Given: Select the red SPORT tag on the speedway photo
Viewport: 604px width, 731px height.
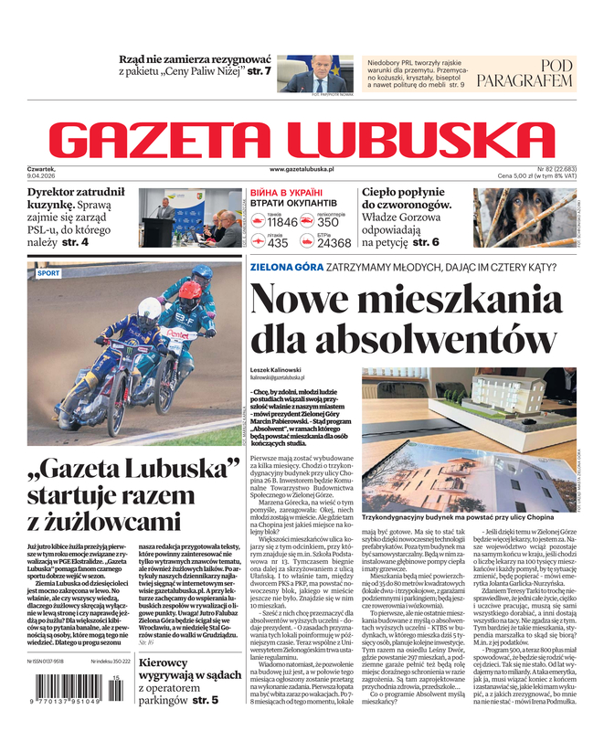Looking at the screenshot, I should [48, 273].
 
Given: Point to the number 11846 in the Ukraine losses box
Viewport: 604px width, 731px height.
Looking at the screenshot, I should [282, 222].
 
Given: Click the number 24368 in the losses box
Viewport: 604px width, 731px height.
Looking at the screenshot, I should [334, 243].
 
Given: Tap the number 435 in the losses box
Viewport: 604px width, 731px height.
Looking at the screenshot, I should [278, 243].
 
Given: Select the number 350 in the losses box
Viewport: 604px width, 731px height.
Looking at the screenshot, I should [328, 222].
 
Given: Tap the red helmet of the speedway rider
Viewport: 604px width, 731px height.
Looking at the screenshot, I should [190, 291].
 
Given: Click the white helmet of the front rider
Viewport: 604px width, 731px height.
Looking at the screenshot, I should [149, 308].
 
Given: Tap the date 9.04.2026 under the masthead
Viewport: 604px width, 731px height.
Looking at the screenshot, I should [45, 176].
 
